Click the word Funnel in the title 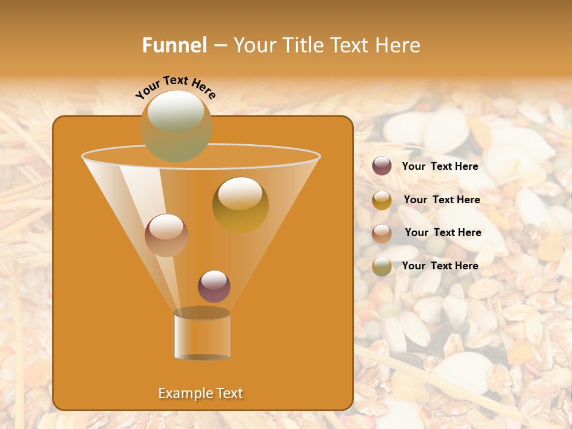[174, 45]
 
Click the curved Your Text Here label [176, 86]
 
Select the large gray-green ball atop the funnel [176, 126]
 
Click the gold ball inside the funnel [240, 204]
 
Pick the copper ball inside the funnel [166, 235]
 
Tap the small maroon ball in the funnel [214, 286]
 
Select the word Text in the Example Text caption [228, 393]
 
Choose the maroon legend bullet [382, 166]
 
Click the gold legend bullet [382, 200]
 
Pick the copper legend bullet [382, 234]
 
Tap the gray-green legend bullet [382, 266]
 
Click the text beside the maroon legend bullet [440, 166]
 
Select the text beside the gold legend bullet [442, 200]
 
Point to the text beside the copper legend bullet [443, 232]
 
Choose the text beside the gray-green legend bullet [440, 266]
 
